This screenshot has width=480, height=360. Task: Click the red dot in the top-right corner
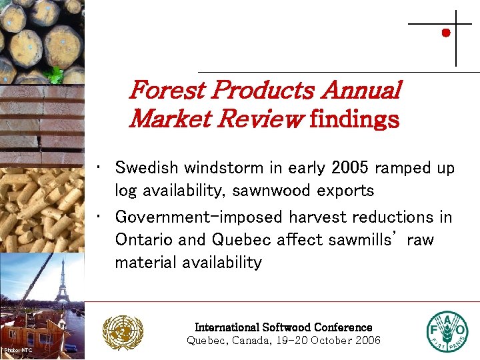click(446, 32)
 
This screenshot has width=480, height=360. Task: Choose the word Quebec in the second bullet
click(230, 240)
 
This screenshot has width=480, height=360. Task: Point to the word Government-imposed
click(199, 217)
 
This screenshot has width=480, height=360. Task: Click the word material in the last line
click(143, 263)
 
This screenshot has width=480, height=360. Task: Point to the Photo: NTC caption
click(17, 350)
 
